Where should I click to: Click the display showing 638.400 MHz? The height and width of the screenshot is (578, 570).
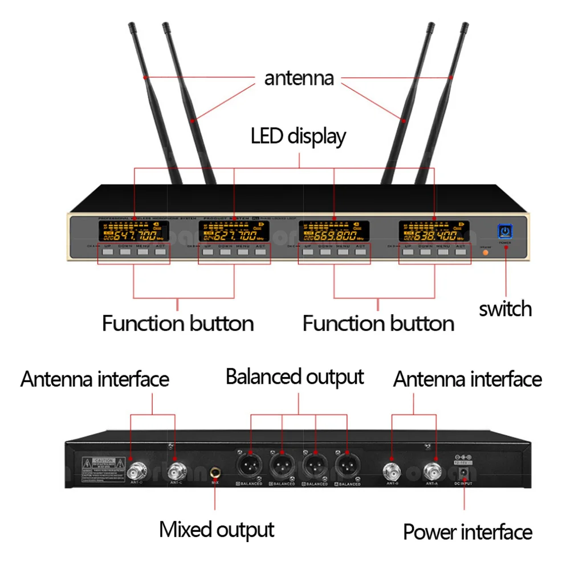coord(434,231)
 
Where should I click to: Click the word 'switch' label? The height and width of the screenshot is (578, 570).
coord(505,309)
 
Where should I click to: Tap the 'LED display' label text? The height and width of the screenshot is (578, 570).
coord(298,137)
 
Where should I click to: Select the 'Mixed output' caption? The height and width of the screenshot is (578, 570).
coord(217,529)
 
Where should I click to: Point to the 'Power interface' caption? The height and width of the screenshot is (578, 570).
coord(467,532)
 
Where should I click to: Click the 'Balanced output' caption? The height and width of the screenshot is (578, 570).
coord(295,377)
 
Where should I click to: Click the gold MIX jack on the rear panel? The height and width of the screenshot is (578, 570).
coord(216,472)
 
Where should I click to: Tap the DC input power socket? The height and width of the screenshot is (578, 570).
coord(465,473)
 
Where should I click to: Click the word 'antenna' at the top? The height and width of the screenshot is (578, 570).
coord(299,78)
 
